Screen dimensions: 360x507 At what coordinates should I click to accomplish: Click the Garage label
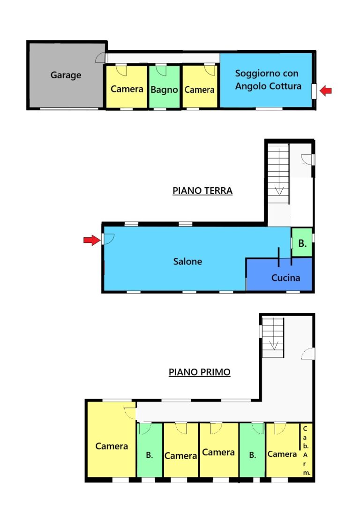click(x=66, y=75)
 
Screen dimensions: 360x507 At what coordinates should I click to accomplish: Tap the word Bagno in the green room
click(x=164, y=90)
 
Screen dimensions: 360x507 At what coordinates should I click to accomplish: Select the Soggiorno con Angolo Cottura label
click(x=268, y=80)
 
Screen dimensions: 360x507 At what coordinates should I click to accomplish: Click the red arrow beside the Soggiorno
click(x=325, y=91)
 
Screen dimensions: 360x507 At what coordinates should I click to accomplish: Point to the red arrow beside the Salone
click(x=92, y=240)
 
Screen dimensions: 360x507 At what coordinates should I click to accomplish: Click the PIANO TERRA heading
click(x=202, y=191)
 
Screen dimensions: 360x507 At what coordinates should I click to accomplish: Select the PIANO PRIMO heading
click(x=199, y=372)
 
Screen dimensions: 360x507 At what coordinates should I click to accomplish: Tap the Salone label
click(x=187, y=261)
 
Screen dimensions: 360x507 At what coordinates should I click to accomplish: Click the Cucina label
click(x=285, y=278)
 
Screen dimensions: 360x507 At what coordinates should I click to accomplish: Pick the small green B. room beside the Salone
click(x=302, y=242)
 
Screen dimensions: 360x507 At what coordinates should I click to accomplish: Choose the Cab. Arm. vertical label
click(x=305, y=450)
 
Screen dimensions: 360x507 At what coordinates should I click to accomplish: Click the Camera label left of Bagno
click(x=127, y=89)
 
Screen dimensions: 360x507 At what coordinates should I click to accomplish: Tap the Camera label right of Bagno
click(x=199, y=90)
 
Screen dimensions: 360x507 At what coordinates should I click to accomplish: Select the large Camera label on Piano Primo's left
click(x=112, y=446)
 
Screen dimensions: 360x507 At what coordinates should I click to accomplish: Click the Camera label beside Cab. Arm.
click(x=282, y=454)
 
